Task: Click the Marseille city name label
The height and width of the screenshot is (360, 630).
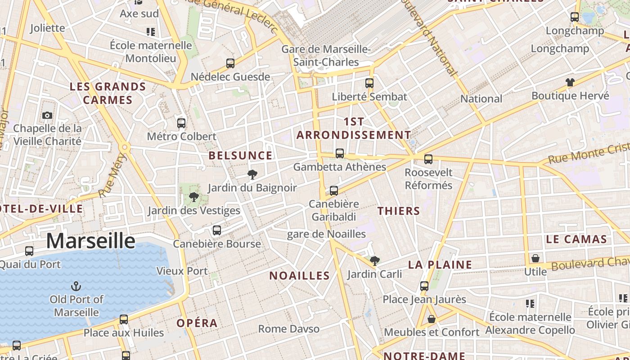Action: click(x=90, y=241)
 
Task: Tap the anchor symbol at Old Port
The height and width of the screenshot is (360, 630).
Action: click(x=76, y=286)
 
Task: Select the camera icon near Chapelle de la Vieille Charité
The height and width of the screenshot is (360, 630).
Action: click(x=47, y=116)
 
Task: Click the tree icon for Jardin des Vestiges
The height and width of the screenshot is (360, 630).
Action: click(x=194, y=197)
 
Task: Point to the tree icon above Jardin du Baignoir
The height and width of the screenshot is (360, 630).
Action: click(x=252, y=174)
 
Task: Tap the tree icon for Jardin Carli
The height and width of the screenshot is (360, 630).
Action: click(x=374, y=261)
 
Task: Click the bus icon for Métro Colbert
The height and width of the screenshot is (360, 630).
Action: click(x=181, y=123)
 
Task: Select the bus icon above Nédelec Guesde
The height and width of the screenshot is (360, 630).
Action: click(x=230, y=63)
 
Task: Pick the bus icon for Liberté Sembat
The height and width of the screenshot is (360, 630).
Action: click(x=369, y=83)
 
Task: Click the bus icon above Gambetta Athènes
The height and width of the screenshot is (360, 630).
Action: click(x=340, y=154)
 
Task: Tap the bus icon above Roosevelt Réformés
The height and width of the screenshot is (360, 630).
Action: click(x=428, y=159)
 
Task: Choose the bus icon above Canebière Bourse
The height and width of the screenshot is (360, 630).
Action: click(x=217, y=230)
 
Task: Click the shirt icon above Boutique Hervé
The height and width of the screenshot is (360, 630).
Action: click(x=570, y=82)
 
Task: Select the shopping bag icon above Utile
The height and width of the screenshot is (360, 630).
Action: click(x=535, y=258)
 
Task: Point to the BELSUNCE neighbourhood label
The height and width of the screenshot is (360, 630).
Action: click(x=241, y=156)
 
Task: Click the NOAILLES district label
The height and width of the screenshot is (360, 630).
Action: click(x=300, y=276)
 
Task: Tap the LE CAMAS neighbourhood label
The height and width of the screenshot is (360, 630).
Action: click(x=576, y=239)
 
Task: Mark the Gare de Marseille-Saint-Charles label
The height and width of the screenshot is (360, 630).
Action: click(x=326, y=55)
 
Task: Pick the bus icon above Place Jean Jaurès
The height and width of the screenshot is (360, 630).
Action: click(x=424, y=286)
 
